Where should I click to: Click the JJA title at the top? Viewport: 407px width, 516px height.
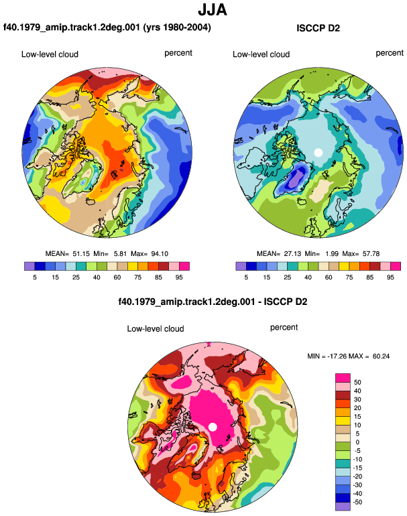point(213,10)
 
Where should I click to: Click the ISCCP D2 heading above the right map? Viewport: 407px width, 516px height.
point(318,28)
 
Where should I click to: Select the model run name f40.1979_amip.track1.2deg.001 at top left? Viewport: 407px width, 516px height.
point(72,27)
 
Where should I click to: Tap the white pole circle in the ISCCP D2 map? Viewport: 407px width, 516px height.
point(318,153)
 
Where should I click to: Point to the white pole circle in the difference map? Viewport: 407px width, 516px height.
point(213,427)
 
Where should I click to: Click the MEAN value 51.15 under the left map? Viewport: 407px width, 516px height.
point(81,254)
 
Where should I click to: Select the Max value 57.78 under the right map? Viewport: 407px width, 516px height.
point(371,254)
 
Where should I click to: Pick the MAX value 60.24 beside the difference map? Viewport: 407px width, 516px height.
point(381,356)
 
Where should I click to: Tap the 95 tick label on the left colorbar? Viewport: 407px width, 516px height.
point(179,277)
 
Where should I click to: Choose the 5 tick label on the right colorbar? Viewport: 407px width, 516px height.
point(246,277)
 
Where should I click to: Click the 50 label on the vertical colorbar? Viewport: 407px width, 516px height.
point(357,382)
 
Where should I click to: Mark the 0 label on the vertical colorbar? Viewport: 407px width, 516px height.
point(357,442)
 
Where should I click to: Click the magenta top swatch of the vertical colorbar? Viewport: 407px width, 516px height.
point(343,378)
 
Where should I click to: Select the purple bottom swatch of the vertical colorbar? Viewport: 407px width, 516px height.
point(343,507)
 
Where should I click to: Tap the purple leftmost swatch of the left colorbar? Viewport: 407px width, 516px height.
point(30,266)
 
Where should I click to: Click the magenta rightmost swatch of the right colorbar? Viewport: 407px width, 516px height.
point(396,266)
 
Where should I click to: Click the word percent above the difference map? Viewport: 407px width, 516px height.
point(284,328)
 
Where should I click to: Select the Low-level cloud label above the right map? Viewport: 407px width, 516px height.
point(261,54)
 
